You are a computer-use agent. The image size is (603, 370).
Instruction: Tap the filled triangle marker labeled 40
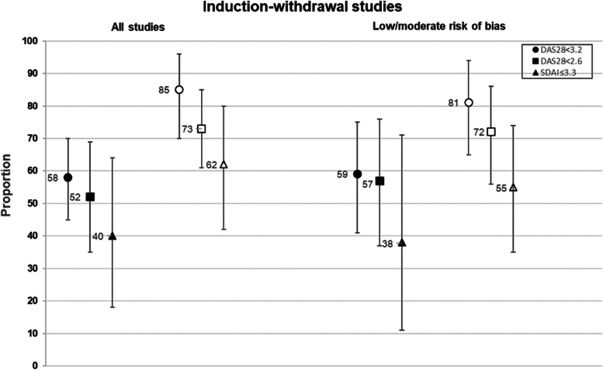coord(113,236)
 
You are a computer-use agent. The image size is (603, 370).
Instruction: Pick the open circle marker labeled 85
coord(179,89)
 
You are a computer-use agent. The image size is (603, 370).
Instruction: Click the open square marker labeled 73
coord(202,129)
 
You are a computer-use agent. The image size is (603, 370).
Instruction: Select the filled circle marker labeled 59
coord(357,174)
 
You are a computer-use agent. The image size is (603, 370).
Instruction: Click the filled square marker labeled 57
coord(379,181)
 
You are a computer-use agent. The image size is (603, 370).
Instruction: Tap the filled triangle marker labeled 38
coord(402,242)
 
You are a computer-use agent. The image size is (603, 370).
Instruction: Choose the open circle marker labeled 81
coord(469,102)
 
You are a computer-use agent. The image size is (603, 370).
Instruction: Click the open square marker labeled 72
coord(490,132)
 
